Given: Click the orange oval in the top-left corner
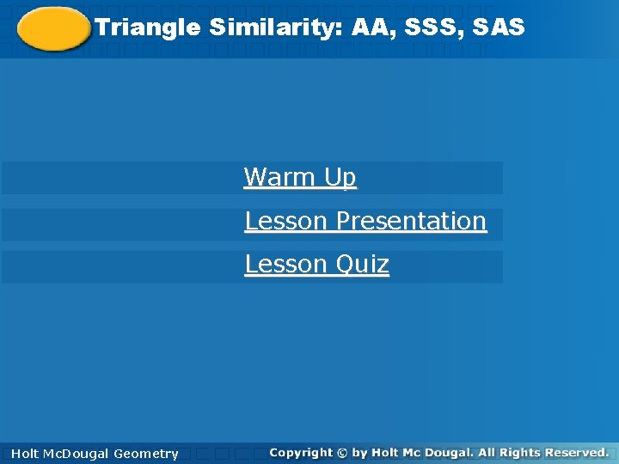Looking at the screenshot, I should coord(53,29).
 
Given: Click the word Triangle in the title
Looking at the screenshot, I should coord(147,28).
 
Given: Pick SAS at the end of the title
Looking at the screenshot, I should coord(498,28).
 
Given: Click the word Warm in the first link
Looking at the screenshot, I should coord(280,178).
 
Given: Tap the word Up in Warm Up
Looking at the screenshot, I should coord(340,178).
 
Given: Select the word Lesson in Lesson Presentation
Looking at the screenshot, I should coord(287,221).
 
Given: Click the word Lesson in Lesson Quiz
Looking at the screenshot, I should coord(287,264).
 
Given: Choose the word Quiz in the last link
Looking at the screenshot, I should coord(362,264).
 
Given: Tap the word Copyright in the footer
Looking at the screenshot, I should coord(301,452).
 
